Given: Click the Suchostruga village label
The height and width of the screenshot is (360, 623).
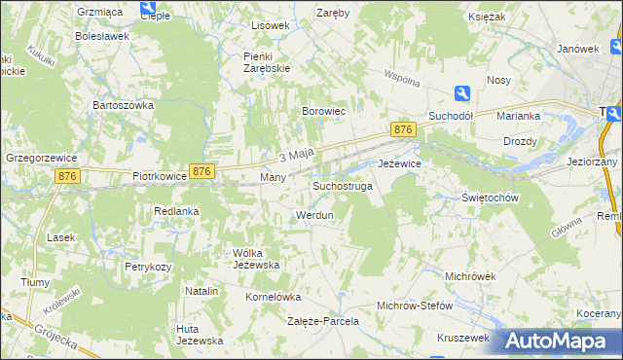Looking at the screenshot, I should click(342, 185).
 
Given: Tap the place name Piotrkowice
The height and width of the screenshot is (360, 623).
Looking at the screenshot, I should click(159, 178).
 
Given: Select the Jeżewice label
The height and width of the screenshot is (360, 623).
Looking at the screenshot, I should click(399, 163).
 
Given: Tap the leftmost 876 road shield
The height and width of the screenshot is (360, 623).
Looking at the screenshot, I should click(67, 175).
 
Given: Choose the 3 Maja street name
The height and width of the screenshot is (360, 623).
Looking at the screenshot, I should click(295, 156).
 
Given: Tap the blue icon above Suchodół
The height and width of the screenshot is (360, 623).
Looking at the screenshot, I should click(462, 92).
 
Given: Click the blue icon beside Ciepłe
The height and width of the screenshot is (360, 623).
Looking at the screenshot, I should click(149, 9).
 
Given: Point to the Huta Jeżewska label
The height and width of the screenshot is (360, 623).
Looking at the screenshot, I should click(200, 334).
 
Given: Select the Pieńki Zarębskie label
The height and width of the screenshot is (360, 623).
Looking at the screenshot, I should click(267, 62).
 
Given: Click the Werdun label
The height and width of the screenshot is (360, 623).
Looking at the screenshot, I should click(314, 214).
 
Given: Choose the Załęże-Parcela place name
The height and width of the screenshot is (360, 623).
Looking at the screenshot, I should click(323, 320).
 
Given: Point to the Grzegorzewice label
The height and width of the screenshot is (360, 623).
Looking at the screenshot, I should click(41, 156).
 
